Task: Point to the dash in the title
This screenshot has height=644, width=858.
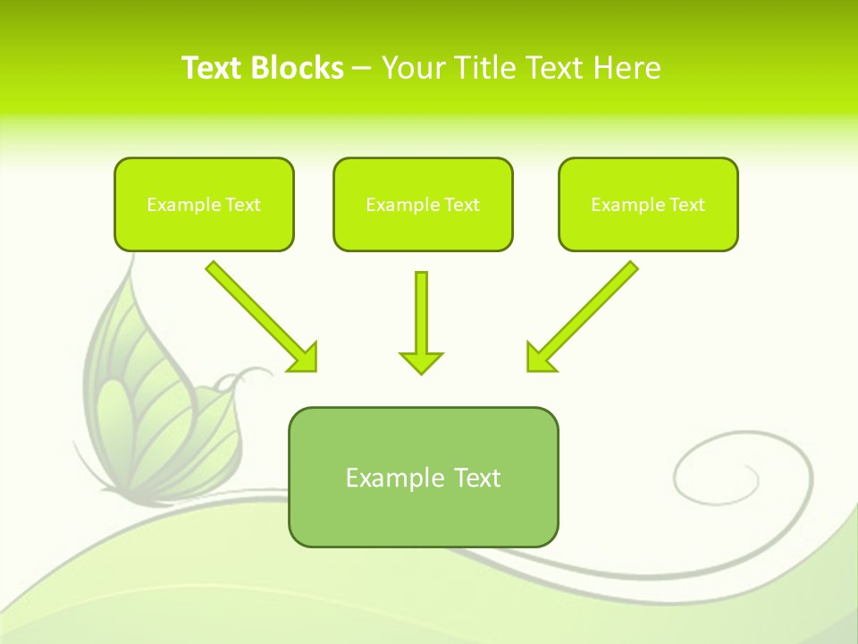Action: coord(362,68)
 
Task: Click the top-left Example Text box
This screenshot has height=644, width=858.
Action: coord(204,204)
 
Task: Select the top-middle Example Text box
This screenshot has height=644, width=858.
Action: coord(423,204)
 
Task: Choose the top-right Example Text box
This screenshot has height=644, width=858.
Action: coord(648,204)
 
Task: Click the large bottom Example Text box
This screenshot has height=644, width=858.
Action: coord(423,477)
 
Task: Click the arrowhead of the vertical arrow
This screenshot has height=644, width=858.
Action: coord(421,361)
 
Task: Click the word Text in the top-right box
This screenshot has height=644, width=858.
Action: coord(686,205)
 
